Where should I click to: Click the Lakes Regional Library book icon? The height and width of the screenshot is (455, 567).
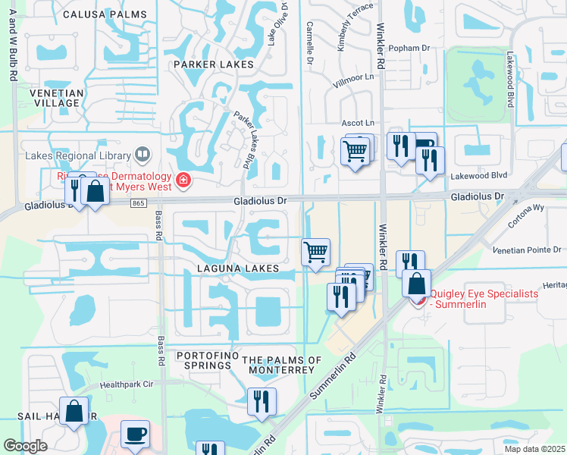coord(143,155)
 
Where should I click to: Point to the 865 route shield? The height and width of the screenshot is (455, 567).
coord(137,204)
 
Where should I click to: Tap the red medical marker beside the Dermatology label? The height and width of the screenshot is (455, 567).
coord(183,180)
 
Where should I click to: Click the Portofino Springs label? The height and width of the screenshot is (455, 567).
coord(203,360)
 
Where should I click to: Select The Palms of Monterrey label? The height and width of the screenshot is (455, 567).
coord(277,365)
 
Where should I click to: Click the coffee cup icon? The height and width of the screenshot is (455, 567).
coord(135,434)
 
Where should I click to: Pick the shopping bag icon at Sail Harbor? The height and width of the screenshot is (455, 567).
coord(74,412)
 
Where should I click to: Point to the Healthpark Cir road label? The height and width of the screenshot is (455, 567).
coord(127,384)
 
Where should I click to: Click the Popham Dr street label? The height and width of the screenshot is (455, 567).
coord(409,48)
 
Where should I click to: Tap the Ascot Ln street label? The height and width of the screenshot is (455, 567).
coord(359,123)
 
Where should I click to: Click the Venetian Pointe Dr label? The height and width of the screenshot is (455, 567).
coord(526,249)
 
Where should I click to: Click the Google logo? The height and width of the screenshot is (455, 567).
coord(25,445)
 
